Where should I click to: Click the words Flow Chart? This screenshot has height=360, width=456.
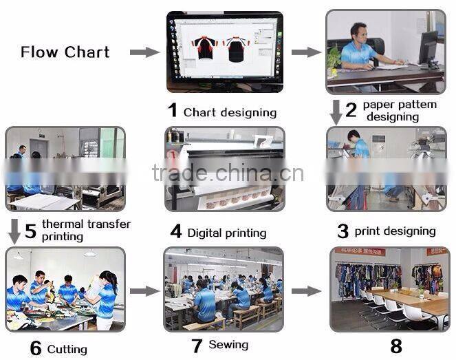point(65,52)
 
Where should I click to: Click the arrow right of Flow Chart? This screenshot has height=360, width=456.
point(143,52)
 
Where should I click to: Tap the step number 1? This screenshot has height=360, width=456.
point(173,110)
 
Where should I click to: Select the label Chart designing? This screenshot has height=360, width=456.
point(230,112)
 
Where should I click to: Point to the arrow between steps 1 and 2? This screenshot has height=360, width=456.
point(306,52)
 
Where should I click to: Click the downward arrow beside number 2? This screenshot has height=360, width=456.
point(336,112)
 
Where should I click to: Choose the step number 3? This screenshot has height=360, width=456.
point(343,231)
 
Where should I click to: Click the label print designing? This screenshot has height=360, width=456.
point(395,231)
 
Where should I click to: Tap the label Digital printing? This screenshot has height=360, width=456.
point(226,233)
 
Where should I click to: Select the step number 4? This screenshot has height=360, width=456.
point(176,232)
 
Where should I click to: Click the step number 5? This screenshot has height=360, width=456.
point(30,230)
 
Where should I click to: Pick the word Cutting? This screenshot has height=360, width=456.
point(67,350)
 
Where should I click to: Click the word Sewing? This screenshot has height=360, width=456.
point(228,344)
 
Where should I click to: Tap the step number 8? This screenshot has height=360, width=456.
point(395,346)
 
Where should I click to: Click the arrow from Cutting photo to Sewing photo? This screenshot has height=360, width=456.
point(144,291)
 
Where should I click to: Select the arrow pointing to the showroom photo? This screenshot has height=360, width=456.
point(306,291)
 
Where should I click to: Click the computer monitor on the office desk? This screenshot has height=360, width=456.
point(428,48)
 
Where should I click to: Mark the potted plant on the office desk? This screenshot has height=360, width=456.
point(334,59)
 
